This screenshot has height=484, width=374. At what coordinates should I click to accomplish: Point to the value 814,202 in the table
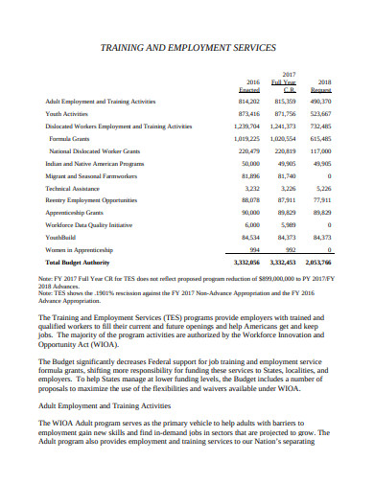[x=248, y=100]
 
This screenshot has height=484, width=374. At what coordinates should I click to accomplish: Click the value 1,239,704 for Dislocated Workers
[x=246, y=127]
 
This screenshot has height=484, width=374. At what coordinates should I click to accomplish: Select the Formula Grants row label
[x=69, y=140]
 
